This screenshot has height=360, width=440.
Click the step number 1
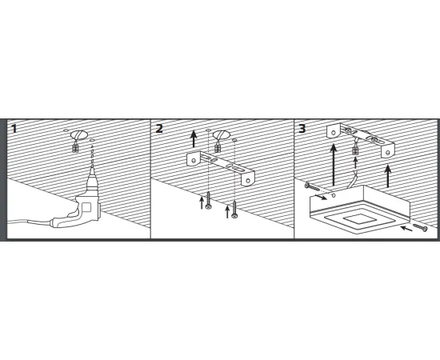14,129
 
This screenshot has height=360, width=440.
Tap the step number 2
159,129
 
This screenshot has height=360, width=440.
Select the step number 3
302,129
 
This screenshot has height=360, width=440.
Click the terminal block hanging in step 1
75,147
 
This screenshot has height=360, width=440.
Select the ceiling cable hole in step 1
78,135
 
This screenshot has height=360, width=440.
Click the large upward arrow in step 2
194,139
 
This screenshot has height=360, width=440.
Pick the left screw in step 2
209,200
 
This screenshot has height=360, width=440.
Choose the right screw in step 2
234,210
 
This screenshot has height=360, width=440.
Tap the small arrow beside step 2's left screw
202,202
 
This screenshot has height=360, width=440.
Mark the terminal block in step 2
217,147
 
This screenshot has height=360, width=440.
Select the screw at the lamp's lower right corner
420,227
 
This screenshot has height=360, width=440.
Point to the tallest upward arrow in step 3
334,165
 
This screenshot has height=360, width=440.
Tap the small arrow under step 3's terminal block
355,163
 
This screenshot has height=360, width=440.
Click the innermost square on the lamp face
355,219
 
